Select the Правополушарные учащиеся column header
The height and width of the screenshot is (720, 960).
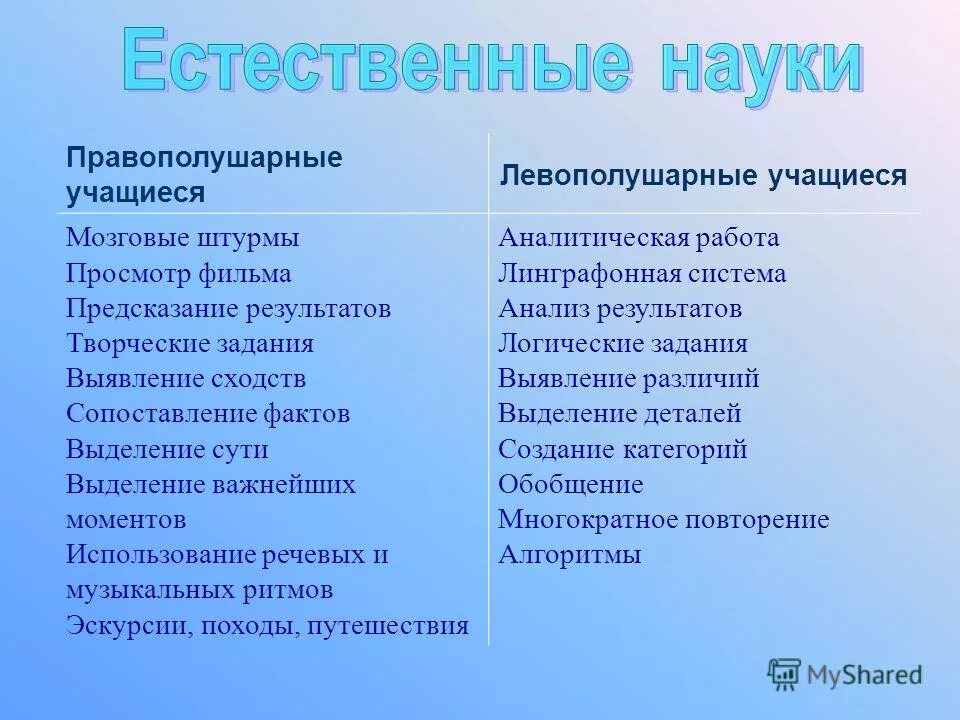(204, 175)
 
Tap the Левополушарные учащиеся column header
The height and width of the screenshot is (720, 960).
(703, 176)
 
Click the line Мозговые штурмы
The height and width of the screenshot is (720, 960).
(183, 238)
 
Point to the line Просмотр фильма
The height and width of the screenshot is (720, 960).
(179, 273)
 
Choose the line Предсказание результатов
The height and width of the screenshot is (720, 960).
(228, 308)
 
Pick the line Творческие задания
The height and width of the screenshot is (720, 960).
(190, 344)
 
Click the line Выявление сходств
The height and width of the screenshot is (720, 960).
(186, 379)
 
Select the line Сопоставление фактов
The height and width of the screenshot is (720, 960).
(208, 414)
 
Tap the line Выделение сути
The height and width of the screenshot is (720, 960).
(167, 449)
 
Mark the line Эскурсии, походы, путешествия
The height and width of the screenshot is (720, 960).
(267, 626)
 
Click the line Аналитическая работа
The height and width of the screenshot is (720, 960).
(638, 238)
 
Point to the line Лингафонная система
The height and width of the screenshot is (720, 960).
(642, 273)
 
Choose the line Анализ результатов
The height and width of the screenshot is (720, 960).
(620, 308)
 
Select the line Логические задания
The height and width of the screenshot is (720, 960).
(623, 344)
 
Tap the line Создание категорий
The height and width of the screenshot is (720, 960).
(622, 449)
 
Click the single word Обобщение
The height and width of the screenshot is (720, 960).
(570, 485)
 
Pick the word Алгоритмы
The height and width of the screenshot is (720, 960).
(569, 555)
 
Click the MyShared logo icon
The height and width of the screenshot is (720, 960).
(785, 675)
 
